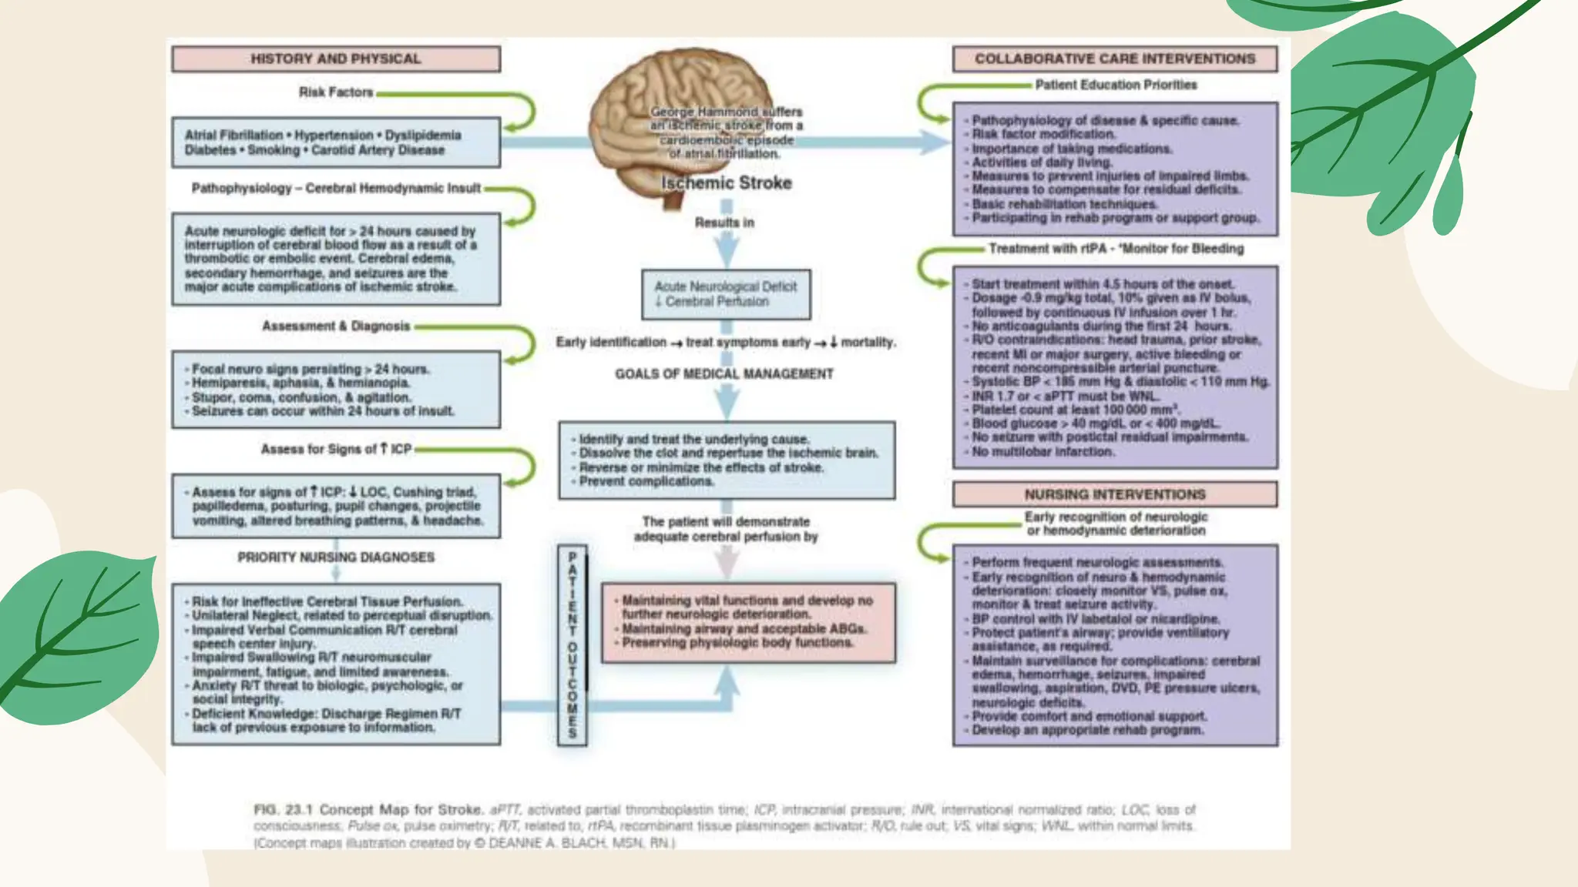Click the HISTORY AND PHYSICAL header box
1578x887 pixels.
click(336, 59)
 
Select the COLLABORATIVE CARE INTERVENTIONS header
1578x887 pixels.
click(1114, 59)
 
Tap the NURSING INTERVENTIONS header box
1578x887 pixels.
click(1114, 494)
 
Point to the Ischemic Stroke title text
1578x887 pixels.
click(726, 183)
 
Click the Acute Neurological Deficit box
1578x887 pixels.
click(726, 294)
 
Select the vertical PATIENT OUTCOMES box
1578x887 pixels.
click(572, 645)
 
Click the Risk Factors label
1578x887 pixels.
click(336, 92)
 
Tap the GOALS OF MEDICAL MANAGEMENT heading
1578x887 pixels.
click(724, 374)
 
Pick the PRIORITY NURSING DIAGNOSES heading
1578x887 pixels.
click(336, 557)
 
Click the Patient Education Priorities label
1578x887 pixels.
click(1116, 85)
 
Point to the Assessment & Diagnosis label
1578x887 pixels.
click(336, 326)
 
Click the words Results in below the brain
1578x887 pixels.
click(724, 223)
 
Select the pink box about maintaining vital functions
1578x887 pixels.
click(748, 622)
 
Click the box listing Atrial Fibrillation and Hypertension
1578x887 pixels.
click(336, 142)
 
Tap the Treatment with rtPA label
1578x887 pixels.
click(1116, 249)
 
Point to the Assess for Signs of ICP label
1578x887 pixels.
click(336, 449)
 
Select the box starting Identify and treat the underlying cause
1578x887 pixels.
click(727, 460)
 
